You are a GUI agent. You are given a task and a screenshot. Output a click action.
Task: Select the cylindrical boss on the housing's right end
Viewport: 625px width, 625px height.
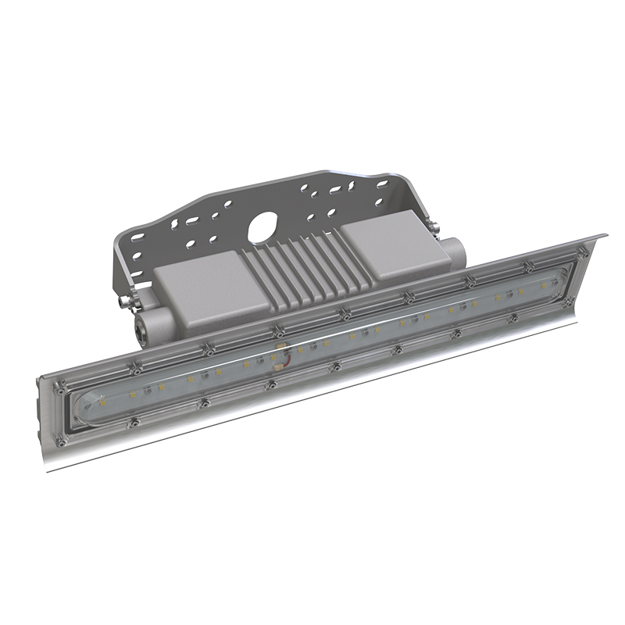[x=453, y=252]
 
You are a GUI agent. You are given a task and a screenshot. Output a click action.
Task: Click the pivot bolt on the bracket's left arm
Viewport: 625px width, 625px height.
[x=124, y=298]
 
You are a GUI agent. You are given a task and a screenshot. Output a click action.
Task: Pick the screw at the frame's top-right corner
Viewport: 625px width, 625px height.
[x=582, y=252]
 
